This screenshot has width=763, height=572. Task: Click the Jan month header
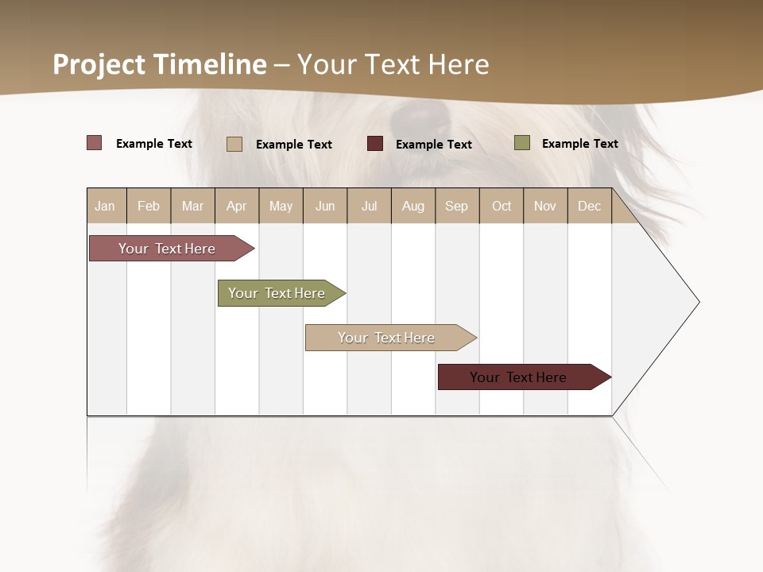pyautogui.click(x=105, y=206)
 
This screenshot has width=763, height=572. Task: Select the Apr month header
pyautogui.click(x=236, y=206)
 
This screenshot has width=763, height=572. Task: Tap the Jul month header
pyautogui.click(x=369, y=206)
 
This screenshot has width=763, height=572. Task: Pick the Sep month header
pyautogui.click(x=456, y=206)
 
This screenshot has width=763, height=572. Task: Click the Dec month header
pyautogui.click(x=589, y=206)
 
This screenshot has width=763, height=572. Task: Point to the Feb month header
pyautogui.click(x=149, y=206)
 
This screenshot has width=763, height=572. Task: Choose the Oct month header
pyautogui.click(x=502, y=206)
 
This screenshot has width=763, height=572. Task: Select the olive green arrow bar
pyautogui.click(x=278, y=293)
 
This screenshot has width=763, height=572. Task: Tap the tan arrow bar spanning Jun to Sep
pyautogui.click(x=388, y=338)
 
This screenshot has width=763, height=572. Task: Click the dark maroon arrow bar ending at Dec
pyautogui.click(x=521, y=377)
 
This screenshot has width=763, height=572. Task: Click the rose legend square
pyautogui.click(x=94, y=143)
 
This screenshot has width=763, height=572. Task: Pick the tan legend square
pyautogui.click(x=234, y=144)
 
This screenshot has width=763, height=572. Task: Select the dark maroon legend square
pyautogui.click(x=375, y=143)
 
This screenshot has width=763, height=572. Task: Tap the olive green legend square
pyautogui.click(x=521, y=143)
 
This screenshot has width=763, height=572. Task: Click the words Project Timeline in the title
pyautogui.click(x=159, y=64)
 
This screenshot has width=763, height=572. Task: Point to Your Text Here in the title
pyautogui.click(x=393, y=64)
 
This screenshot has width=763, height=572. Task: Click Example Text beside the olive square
pyautogui.click(x=579, y=144)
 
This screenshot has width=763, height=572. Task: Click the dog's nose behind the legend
pyautogui.click(x=419, y=117)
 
